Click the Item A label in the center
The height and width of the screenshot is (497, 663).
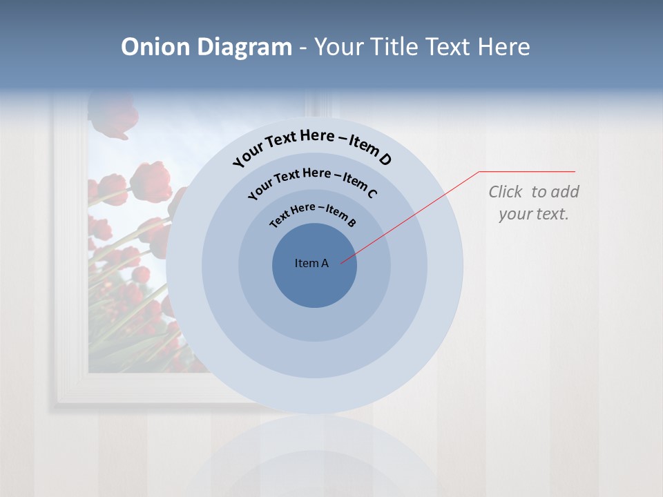click(311, 263)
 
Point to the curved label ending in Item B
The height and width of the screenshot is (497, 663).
click(313, 213)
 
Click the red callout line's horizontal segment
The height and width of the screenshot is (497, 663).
click(527, 171)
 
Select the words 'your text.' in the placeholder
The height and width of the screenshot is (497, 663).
click(533, 214)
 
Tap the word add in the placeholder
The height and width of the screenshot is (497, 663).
click(564, 192)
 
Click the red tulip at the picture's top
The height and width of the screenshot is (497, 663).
click(113, 115)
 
